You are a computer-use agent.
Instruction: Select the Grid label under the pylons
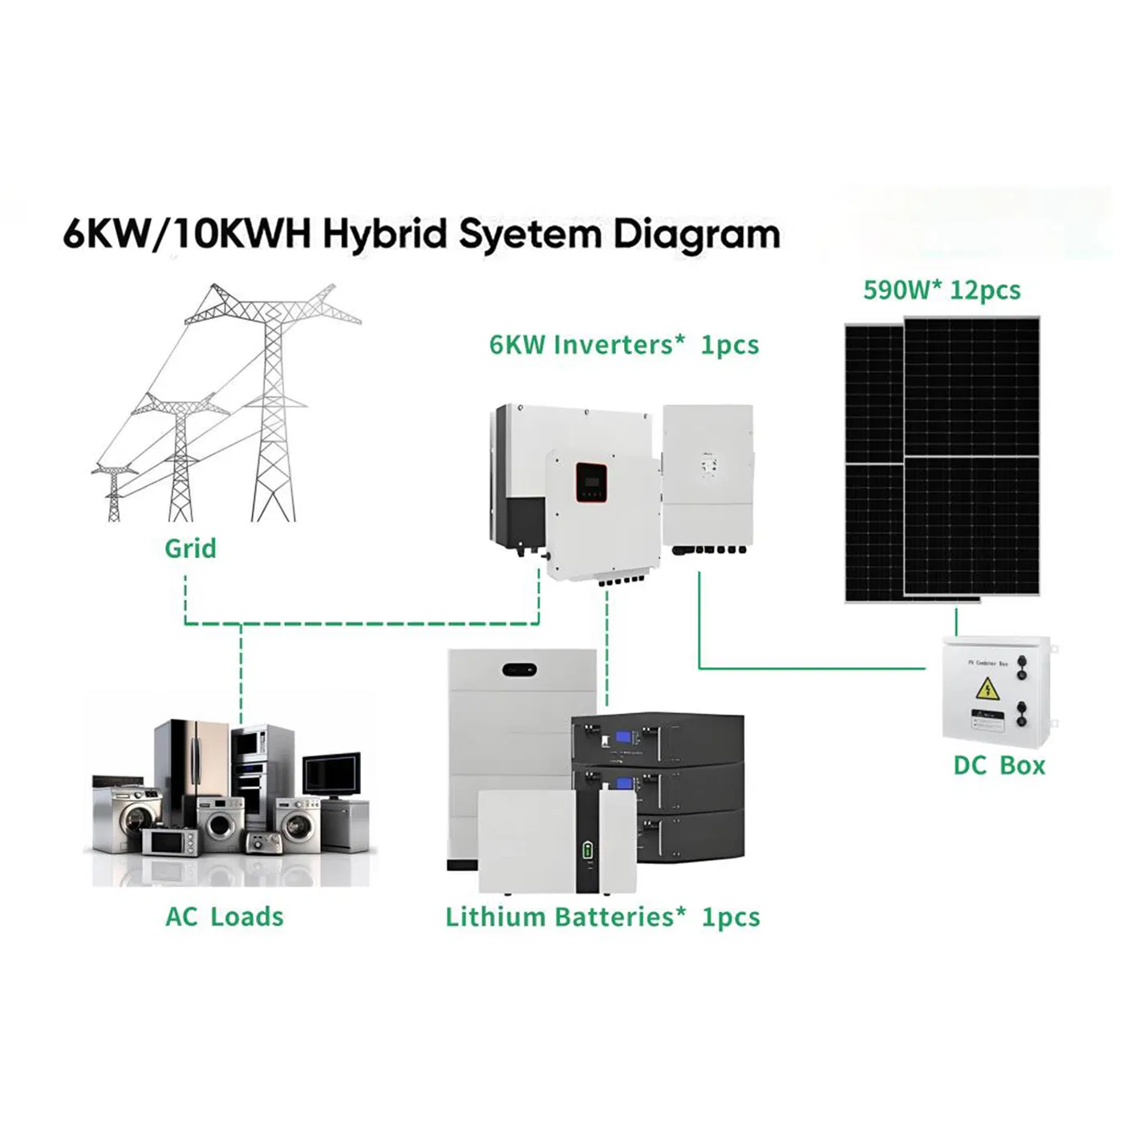point(190,549)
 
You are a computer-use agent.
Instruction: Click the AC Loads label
point(225,917)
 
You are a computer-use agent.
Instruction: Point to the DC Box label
point(999,765)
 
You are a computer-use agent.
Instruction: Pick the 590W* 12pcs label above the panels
point(942,290)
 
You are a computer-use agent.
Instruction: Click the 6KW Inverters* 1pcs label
point(624,345)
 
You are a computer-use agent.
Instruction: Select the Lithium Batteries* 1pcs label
point(602,917)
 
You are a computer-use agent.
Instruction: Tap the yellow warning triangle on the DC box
point(987,688)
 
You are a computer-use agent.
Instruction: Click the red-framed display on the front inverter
point(590,482)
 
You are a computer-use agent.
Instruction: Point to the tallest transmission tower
point(274,401)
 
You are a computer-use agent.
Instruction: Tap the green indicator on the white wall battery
point(588,851)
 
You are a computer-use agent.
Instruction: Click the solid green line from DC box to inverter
point(810,667)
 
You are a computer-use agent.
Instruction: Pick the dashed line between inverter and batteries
point(607,642)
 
